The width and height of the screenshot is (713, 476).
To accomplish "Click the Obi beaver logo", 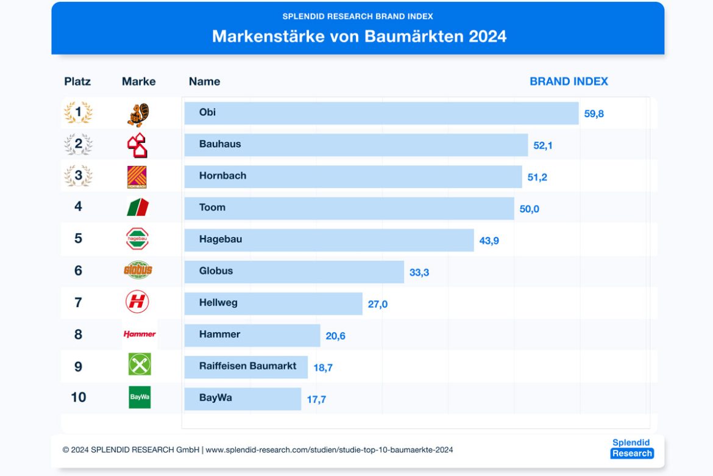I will point(138,114).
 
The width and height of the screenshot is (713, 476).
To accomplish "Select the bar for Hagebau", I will point(329,240).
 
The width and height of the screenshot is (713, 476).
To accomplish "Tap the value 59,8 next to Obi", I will point(594,114).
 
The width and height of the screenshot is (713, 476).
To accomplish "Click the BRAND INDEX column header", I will point(569,81).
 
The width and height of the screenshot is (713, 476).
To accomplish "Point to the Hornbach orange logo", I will point(137,177).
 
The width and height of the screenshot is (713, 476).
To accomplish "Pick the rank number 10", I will point(79,397).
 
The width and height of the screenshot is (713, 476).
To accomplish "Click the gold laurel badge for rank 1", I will point(78,113).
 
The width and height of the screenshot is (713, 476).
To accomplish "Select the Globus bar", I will point(294,272).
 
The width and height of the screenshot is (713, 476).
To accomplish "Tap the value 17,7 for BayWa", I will point(316,400).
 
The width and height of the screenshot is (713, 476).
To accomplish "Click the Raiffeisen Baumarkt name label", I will point(247,366).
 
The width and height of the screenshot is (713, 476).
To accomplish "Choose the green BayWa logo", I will point(140,397).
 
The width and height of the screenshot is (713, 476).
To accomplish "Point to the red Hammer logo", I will point(140,334).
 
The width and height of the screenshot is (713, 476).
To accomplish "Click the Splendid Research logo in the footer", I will point(631,448).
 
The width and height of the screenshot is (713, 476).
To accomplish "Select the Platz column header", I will point(77,81).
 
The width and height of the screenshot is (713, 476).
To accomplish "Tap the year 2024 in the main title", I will point(488,36).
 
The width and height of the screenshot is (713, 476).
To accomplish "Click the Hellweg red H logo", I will point(137,301).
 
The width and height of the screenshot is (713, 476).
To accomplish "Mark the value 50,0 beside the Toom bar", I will point(529,209).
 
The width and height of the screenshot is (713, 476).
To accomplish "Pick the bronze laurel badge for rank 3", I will point(78,176).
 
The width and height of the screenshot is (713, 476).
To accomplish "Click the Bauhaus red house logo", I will point(137,145).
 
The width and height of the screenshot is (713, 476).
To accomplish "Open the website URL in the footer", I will point(329,450).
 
